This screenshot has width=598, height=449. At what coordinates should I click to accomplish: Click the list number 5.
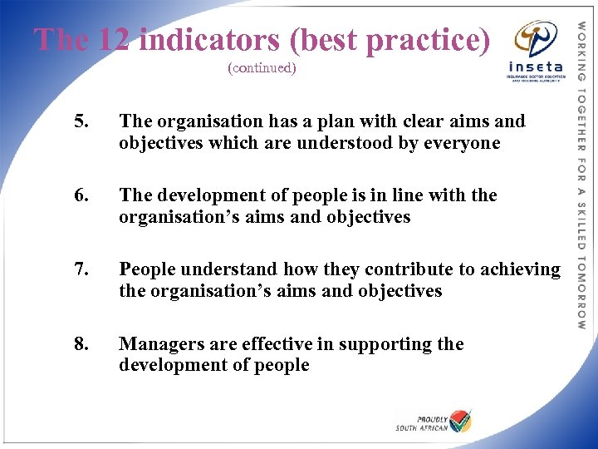81,121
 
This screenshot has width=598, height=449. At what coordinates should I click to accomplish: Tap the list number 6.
81,195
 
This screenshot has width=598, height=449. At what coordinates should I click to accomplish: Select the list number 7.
81,269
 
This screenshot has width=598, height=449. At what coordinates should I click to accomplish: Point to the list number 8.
81,343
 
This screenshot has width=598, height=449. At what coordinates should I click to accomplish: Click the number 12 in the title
114,40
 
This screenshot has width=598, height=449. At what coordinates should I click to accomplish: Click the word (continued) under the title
262,68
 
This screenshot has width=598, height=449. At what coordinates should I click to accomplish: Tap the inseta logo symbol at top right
531,38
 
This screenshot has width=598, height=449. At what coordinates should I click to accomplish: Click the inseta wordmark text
535,67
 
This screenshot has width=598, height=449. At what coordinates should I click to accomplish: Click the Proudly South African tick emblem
459,420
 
